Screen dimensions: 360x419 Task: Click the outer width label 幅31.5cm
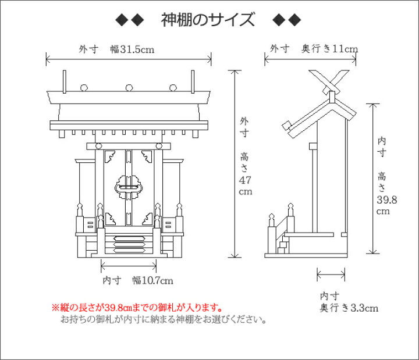(132, 49)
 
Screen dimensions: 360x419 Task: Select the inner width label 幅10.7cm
(152, 280)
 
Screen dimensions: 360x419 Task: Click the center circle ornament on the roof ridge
(128, 88)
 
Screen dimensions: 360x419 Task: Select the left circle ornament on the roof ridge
(84, 88)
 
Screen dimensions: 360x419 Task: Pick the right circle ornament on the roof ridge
(172, 88)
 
